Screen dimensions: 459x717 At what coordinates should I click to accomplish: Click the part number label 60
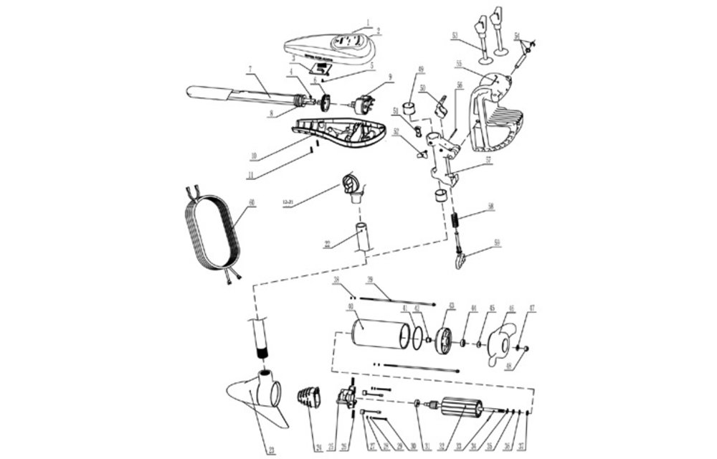[251, 203]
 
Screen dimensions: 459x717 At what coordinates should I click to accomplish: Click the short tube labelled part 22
[363, 237]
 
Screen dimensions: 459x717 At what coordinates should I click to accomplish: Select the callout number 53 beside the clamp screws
[455, 34]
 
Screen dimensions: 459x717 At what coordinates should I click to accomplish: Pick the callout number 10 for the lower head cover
[253, 156]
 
